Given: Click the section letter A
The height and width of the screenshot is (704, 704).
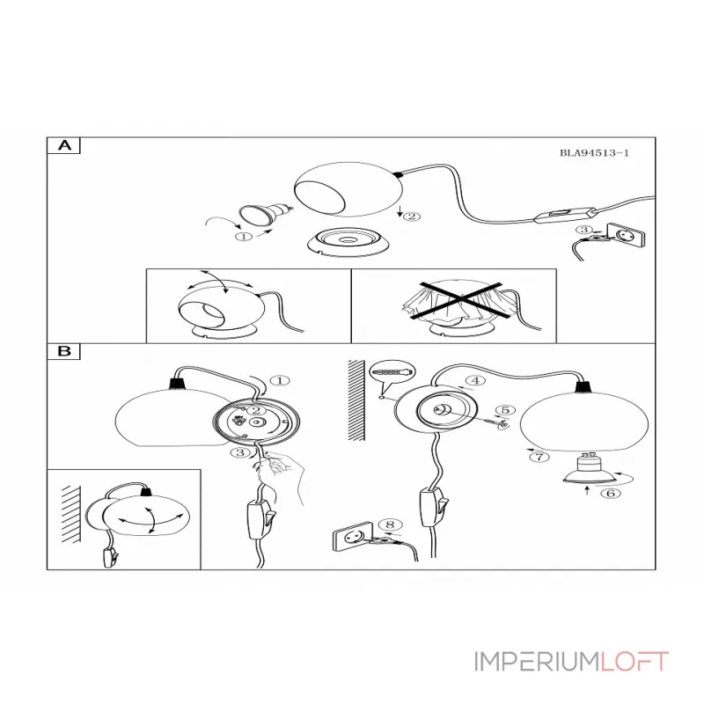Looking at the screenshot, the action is coord(65,145).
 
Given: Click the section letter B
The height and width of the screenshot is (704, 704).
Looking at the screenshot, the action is coord(64,350).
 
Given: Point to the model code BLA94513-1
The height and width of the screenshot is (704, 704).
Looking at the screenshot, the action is coord(594,152).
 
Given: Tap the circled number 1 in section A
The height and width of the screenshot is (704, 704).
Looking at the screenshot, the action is coord(244,236).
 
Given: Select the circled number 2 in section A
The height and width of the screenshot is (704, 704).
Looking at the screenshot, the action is coord(412,216).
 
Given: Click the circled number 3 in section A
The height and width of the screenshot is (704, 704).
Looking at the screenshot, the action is coord(584,230).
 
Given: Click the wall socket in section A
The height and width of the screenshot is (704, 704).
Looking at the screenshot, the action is coord(626,234).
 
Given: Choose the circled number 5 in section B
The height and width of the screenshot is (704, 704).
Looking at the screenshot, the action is coord(505,410).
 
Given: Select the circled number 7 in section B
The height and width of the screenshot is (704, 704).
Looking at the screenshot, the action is coord(539,457).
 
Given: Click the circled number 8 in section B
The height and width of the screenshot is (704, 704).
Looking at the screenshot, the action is coord(390,524).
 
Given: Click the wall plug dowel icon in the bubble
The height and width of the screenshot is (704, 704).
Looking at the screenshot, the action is coord(392,372).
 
